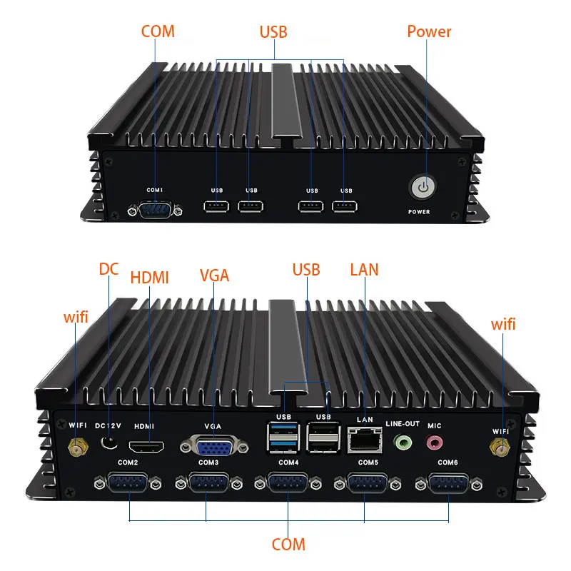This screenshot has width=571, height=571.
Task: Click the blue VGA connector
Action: tap(212, 448)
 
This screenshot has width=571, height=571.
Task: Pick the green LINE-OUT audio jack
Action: tap(403, 443)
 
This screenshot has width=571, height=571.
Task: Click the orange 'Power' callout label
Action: tap(429, 31)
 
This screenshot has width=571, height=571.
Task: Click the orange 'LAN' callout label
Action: tap(364, 270)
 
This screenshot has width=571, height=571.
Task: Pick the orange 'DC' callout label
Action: tap(108, 269)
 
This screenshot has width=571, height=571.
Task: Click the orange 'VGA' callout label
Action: tap(214, 275)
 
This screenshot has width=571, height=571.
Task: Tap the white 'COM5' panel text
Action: tap(368, 463)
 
